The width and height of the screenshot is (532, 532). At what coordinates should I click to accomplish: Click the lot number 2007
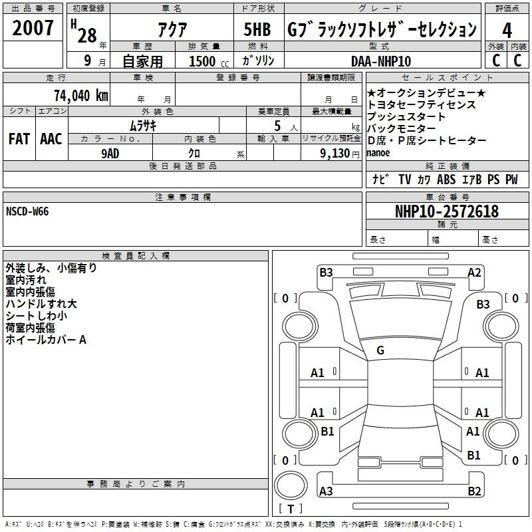tap(33, 28)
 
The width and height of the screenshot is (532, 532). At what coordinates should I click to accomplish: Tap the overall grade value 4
tap(507, 31)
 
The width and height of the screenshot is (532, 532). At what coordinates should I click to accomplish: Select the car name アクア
tap(172, 29)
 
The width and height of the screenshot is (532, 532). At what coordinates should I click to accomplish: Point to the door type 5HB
tap(257, 29)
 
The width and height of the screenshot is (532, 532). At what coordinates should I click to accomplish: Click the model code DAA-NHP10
tap(381, 61)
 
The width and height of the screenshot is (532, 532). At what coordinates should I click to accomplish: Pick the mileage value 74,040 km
tap(81, 95)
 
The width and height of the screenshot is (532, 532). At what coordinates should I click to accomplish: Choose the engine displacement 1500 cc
tap(209, 61)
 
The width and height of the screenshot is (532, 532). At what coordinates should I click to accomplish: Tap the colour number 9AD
tap(110, 154)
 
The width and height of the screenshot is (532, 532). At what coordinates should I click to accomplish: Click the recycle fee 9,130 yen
tap(340, 154)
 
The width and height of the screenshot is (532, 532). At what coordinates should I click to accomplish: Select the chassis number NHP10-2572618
tap(447, 211)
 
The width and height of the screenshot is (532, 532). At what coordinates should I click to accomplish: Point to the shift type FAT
tap(19, 139)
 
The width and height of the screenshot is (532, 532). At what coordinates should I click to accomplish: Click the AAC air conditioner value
tap(51, 139)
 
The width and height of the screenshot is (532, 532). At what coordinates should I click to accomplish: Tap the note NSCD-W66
tap(27, 211)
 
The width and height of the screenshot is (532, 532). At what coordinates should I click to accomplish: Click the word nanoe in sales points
tap(378, 153)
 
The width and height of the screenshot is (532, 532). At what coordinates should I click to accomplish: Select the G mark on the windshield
tap(380, 350)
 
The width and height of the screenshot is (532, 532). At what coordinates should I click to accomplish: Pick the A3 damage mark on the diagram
tap(326, 491)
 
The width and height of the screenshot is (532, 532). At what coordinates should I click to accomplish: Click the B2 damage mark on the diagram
tap(474, 491)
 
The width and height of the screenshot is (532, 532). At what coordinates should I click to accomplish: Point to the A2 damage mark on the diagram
tap(474, 273)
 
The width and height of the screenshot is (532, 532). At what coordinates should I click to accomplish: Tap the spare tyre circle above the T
tap(291, 485)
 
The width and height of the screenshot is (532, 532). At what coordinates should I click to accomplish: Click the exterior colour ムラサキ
tap(143, 126)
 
